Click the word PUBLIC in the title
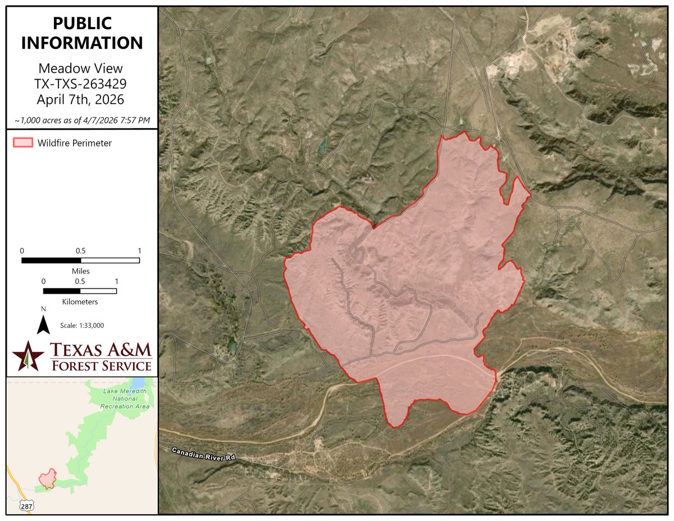pyautogui.click(x=82, y=24)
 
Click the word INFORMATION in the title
pyautogui.click(x=82, y=43)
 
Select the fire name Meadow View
pyautogui.click(x=80, y=69)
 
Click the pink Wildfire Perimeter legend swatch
pyautogui.click(x=23, y=143)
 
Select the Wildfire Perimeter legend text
pyautogui.click(x=75, y=143)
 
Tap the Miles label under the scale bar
pyautogui.click(x=80, y=271)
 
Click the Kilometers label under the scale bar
pyautogui.click(x=80, y=301)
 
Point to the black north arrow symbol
pyautogui.click(x=43, y=324)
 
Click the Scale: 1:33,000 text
pyautogui.click(x=82, y=325)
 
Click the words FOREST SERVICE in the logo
pyautogui.click(x=101, y=365)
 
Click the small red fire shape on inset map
pyautogui.click(x=47, y=478)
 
